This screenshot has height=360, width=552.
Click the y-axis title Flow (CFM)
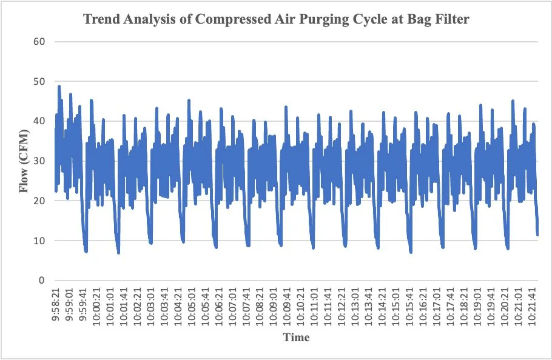24,161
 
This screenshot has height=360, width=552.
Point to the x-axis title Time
296,337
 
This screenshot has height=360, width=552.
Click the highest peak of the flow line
59,86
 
